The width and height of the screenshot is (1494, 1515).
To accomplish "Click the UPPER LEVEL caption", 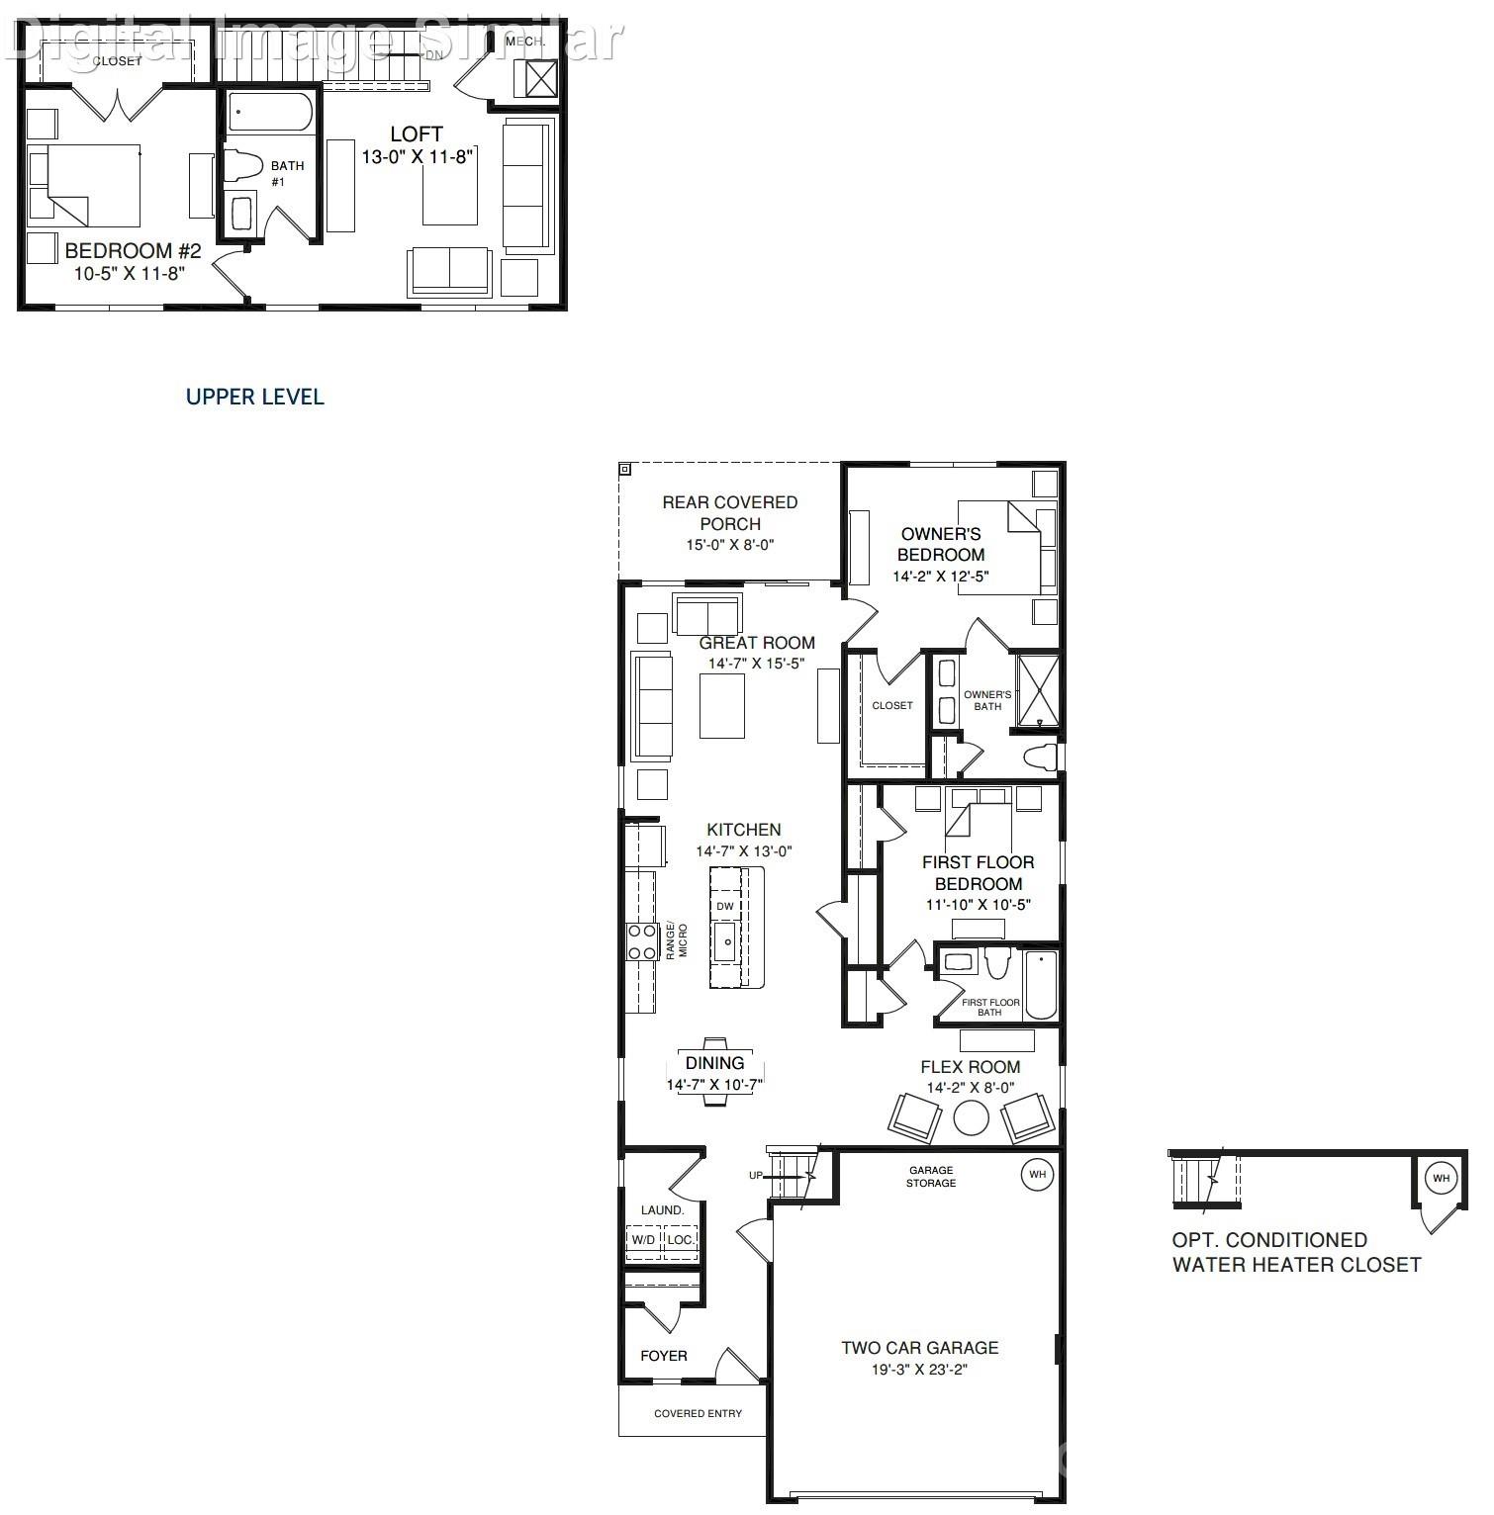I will coord(254,397).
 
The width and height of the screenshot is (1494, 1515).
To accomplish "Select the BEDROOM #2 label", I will coord(133,251).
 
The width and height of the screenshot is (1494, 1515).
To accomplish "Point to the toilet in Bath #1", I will coord(241,167).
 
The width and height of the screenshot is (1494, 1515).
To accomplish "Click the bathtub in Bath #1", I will coord(270,112).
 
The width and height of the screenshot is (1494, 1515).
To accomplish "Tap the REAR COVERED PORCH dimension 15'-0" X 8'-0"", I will coord(730,545).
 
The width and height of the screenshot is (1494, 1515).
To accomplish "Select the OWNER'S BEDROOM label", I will coord(941,544).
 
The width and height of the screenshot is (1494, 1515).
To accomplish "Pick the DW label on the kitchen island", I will coord(725,906).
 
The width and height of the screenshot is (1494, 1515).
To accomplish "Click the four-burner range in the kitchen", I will coord(642,941).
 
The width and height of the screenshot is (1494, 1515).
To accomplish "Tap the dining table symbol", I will coord(715,1070).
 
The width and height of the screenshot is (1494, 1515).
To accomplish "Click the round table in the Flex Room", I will coord(971,1117).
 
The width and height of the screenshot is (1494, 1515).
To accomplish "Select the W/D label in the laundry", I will coord(643,1239).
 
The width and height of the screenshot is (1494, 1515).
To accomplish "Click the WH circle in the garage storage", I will coord(1037,1175).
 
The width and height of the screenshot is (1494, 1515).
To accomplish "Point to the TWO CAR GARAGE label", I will coord(919,1347).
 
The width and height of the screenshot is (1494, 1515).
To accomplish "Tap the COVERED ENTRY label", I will coord(698,1413).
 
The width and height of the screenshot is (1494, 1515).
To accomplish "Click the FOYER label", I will coord(663,1355).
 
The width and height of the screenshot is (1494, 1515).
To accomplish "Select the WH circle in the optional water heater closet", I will coord(1441,1178).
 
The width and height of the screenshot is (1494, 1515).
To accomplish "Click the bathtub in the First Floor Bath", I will coord(1041,985).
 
